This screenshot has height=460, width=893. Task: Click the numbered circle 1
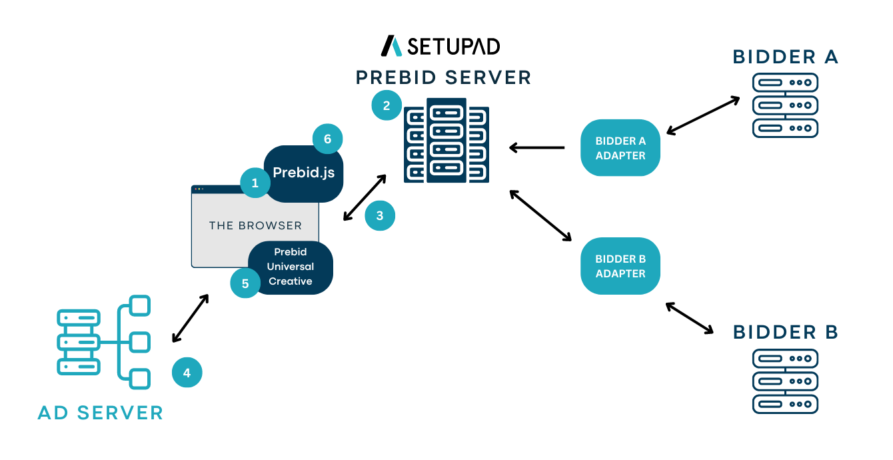[x=255, y=182]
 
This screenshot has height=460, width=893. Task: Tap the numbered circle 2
[x=386, y=105]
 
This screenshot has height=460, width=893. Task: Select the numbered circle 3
[x=380, y=216]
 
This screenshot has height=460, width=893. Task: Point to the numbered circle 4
[x=187, y=373]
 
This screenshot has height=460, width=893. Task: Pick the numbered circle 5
[x=245, y=283]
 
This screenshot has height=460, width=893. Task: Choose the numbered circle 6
[x=327, y=139]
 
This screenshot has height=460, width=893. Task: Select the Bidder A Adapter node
[x=620, y=148]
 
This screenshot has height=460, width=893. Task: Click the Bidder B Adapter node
[x=620, y=266]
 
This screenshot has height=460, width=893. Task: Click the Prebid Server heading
[x=444, y=77]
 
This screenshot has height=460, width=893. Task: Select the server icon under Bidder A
[x=784, y=105]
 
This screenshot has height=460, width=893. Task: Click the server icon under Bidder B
[x=784, y=381]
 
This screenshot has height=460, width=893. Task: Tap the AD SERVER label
[x=101, y=413]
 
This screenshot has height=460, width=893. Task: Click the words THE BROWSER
[x=255, y=225]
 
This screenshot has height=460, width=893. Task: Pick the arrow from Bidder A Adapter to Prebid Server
[x=537, y=147]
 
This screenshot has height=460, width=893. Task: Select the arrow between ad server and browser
[x=191, y=319]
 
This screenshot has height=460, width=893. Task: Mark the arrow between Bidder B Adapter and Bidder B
[x=690, y=318]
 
